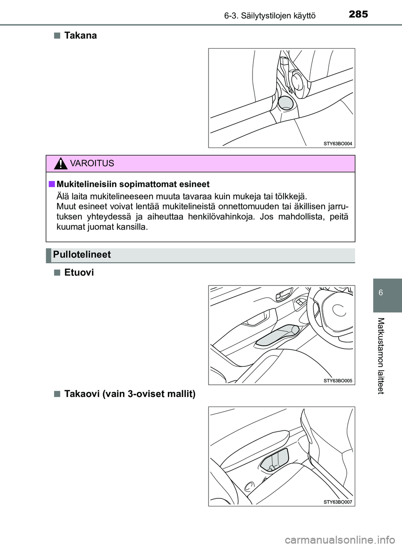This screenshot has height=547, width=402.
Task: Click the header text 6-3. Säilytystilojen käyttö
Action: point(270,16)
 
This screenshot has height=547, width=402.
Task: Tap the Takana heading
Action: point(80,36)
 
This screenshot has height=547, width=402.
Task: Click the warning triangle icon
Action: point(61,163)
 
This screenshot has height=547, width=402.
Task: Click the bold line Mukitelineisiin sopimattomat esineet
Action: point(133,184)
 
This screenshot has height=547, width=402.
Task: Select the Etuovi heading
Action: point(79,273)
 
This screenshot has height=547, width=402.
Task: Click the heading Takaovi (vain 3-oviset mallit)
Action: point(130,394)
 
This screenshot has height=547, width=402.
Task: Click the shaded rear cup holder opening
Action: point(285,103)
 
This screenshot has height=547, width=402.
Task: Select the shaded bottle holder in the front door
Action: point(277,334)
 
